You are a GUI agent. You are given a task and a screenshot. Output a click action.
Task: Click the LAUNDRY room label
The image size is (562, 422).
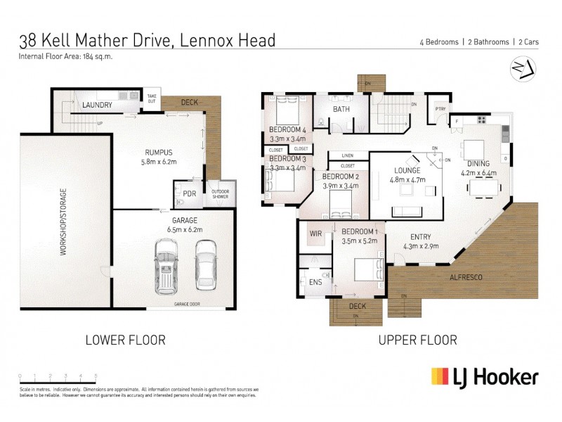point(98,105)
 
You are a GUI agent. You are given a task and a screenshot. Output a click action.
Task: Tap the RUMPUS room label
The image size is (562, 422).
point(158,153)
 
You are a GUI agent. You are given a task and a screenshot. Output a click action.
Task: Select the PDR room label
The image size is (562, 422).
point(189,193)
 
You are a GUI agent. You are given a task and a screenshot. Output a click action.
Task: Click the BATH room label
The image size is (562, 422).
point(341,110)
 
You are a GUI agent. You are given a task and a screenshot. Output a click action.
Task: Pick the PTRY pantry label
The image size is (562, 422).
point(440,109)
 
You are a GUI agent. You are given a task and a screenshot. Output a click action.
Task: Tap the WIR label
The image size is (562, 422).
point(315,233)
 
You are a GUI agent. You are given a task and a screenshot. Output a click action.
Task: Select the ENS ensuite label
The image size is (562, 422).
point(315,282)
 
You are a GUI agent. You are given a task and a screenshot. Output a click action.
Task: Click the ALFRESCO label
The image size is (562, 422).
point(466,279)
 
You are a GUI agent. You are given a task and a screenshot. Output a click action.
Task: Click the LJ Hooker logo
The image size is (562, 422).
point(485,376)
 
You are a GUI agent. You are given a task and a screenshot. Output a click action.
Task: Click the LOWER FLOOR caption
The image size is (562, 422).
point(125,340)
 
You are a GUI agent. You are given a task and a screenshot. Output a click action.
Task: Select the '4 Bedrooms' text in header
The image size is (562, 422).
point(436,42)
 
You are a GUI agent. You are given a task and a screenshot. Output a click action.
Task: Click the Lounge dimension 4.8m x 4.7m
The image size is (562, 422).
point(407,179)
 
